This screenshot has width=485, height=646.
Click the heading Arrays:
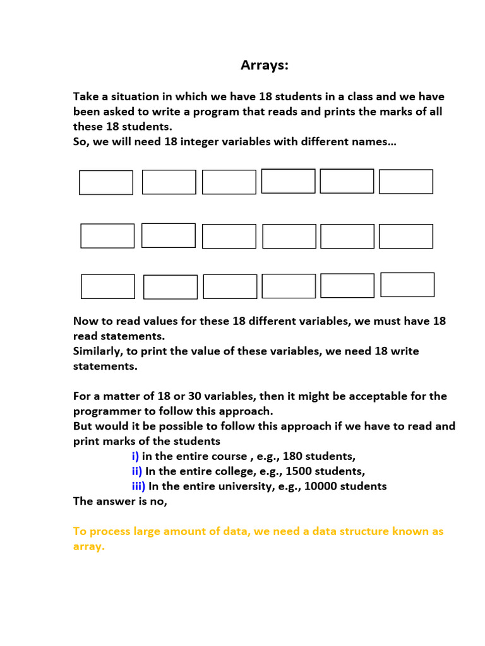click(x=264, y=66)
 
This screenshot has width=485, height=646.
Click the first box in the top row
click(x=106, y=182)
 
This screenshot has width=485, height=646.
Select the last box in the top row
click(x=406, y=182)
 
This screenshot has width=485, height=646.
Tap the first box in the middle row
click(x=107, y=236)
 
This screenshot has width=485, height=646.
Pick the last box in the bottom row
click(x=407, y=285)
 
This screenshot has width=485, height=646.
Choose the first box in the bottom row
click(x=108, y=286)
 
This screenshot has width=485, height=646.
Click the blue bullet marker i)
click(x=135, y=456)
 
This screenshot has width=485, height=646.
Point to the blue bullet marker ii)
click(x=136, y=471)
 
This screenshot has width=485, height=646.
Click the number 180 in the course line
click(x=292, y=456)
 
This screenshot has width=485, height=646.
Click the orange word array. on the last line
click(x=89, y=547)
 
